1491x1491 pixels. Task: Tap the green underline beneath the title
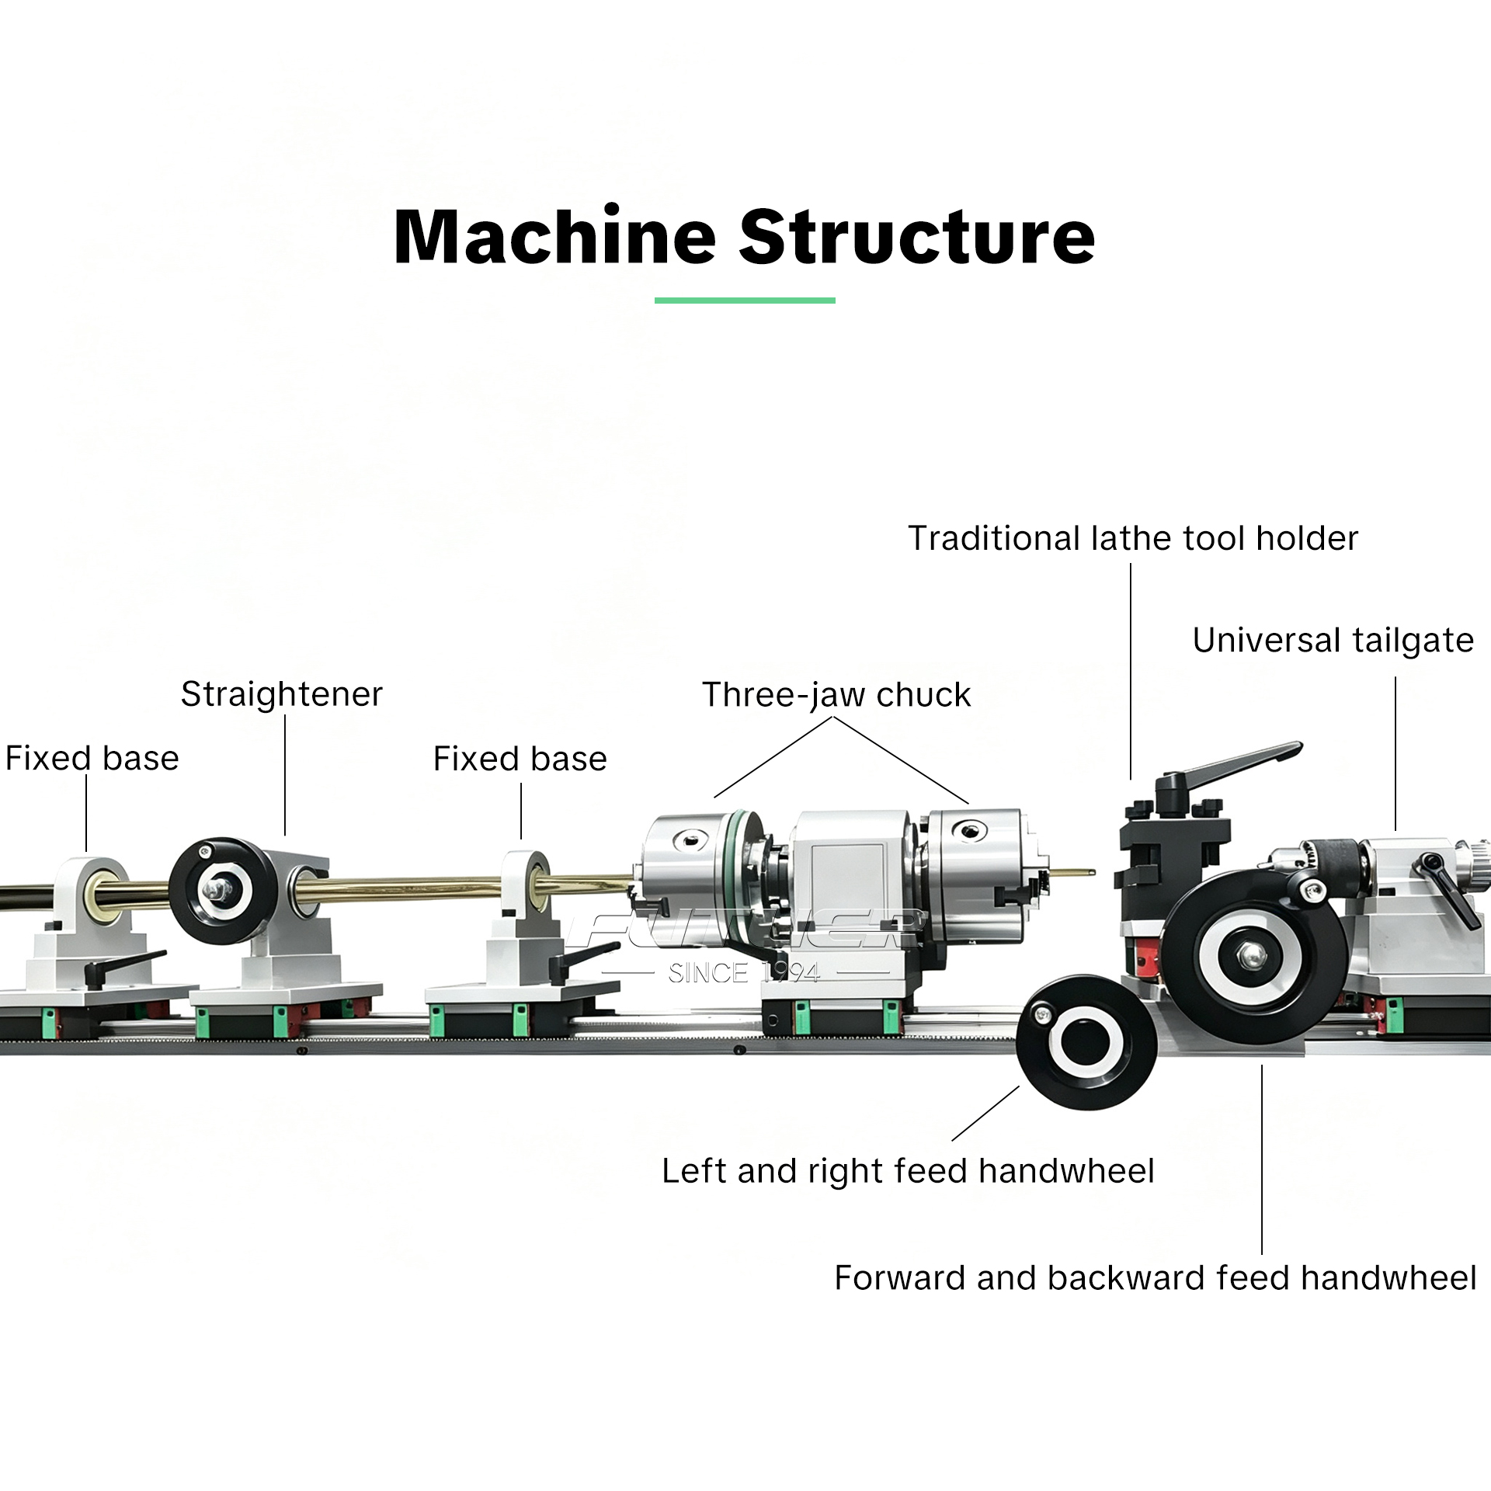(745, 301)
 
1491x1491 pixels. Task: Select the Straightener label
(282, 694)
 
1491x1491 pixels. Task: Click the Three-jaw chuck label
(836, 695)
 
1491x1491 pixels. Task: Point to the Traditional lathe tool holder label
(1133, 538)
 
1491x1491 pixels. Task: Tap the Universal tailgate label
(1333, 641)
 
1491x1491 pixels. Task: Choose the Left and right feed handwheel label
(908, 1171)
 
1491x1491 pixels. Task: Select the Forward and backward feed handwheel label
(1156, 1277)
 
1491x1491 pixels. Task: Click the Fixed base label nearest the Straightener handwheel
(92, 758)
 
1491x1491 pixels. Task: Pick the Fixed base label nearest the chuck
(520, 759)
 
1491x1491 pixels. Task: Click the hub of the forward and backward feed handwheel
(1249, 955)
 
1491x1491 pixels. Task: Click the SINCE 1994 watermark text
(744, 973)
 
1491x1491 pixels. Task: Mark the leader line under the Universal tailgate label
(1395, 753)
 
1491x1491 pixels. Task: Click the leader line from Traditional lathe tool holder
(1131, 671)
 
